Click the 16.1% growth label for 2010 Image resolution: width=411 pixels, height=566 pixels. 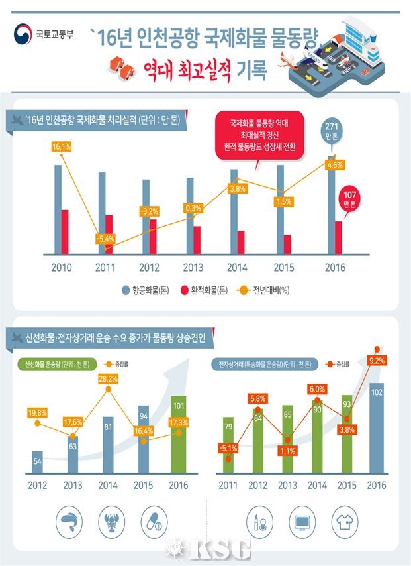(x=60, y=146)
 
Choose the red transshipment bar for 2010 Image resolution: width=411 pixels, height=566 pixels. (x=64, y=231)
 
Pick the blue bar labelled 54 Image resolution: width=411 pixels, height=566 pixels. (x=38, y=462)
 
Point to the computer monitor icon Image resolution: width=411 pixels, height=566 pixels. (x=301, y=521)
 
